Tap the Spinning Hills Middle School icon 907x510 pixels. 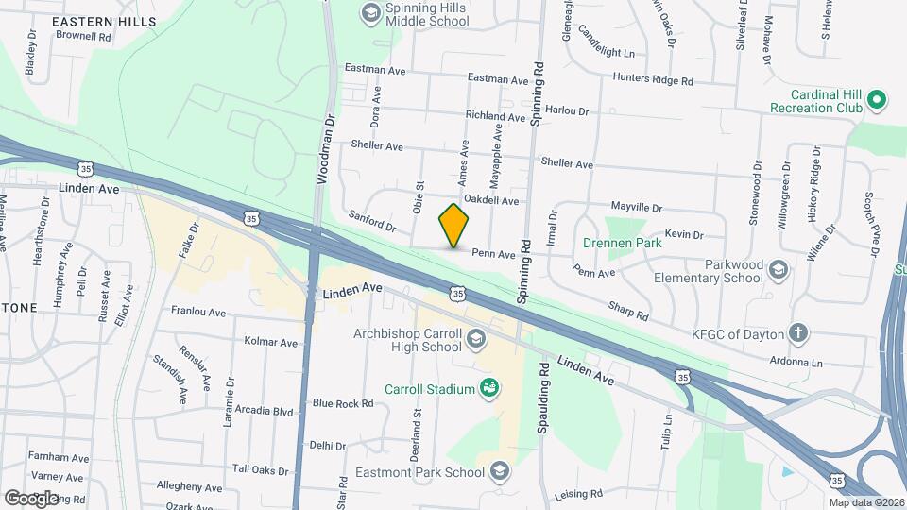(370, 12)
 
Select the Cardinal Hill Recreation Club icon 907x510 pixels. (877, 98)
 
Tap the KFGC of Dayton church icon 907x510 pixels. (799, 332)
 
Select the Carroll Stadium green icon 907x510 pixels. (489, 387)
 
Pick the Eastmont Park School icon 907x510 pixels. (500, 469)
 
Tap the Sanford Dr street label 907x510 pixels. (371, 222)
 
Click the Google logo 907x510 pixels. (31, 498)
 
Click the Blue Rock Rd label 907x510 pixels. (343, 403)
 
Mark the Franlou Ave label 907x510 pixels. (198, 311)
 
